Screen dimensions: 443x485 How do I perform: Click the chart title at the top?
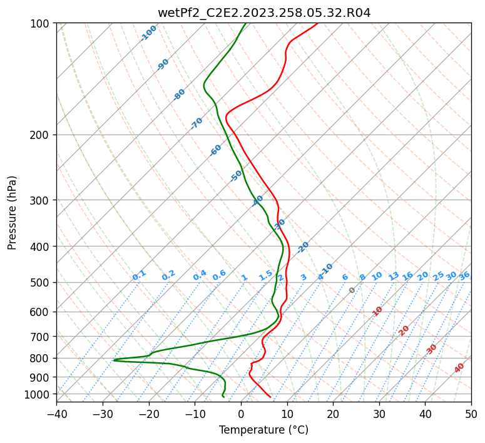(x=263, y=13)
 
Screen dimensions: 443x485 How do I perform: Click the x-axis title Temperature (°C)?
(x=263, y=430)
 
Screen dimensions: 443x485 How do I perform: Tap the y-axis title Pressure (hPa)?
(x=13, y=213)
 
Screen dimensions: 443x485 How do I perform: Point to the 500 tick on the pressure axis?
(x=41, y=283)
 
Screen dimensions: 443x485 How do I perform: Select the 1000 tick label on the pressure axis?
(x=38, y=394)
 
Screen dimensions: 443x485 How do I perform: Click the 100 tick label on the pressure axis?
(x=41, y=24)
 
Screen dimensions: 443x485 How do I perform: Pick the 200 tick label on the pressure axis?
(x=41, y=135)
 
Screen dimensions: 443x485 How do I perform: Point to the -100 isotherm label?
(x=148, y=33)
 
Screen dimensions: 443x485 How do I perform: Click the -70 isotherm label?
(x=197, y=123)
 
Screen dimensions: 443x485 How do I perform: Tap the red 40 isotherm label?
(x=459, y=368)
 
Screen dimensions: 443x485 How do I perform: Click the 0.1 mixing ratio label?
(x=139, y=275)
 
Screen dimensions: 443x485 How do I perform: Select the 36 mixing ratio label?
(x=464, y=275)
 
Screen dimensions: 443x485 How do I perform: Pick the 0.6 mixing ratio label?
(x=219, y=275)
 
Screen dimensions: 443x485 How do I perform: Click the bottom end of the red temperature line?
(x=270, y=397)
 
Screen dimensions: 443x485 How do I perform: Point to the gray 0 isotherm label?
(x=352, y=290)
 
